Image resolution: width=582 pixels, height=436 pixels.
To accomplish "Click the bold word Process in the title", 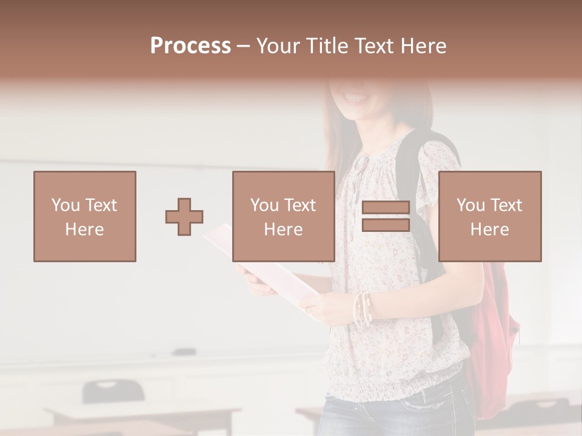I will (x=190, y=46).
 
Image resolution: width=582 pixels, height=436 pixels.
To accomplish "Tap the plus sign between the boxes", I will (x=184, y=217).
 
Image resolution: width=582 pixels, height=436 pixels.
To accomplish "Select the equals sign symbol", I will (x=386, y=217).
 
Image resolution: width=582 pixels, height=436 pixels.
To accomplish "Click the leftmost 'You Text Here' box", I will (x=84, y=217).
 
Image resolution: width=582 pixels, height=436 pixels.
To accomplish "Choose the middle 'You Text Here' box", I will (x=283, y=217).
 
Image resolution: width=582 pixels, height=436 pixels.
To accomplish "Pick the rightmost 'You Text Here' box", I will (x=489, y=217).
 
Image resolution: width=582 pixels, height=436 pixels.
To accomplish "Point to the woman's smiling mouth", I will (x=356, y=97).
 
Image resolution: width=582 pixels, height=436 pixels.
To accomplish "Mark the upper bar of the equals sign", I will (x=386, y=208).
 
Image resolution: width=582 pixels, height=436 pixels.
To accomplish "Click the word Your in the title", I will (x=279, y=46).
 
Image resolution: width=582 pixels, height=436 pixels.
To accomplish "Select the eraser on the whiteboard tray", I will (x=184, y=351).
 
